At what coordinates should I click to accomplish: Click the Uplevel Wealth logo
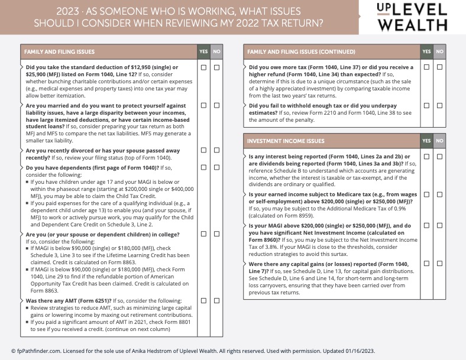click(412, 17)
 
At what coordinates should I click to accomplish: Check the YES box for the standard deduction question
click(203, 67)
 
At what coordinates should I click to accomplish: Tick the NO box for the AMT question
click(216, 300)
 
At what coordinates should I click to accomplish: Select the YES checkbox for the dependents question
click(203, 167)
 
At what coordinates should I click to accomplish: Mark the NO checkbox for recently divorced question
click(216, 151)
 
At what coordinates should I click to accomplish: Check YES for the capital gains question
click(426, 263)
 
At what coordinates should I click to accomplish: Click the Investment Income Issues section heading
click(286, 141)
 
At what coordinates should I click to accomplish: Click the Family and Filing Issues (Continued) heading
click(301, 52)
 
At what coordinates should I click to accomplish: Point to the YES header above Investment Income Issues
click(426, 141)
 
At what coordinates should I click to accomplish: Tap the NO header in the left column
click(216, 52)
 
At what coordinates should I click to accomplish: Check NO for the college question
click(216, 234)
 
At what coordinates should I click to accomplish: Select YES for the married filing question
click(203, 106)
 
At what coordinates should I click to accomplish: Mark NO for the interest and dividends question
click(439, 157)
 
